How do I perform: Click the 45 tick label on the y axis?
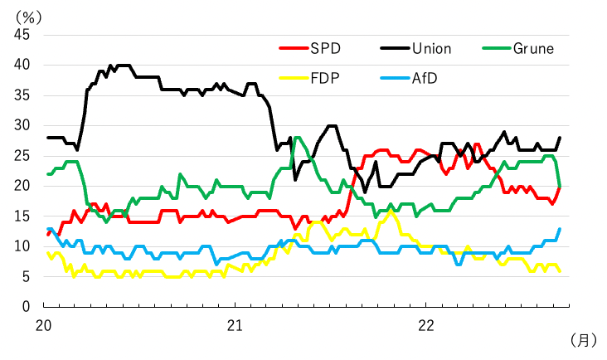click(x=22, y=35)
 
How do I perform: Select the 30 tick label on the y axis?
click(x=22, y=125)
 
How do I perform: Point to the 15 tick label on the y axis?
click(x=22, y=216)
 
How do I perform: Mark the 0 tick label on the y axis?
click(x=26, y=307)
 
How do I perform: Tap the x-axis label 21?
click(x=235, y=324)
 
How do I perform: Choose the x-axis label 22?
click(x=425, y=324)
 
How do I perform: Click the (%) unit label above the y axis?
click(x=33, y=13)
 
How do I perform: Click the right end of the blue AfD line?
click(x=560, y=228)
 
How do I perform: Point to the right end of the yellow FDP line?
click(x=560, y=270)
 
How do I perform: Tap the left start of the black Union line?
click(x=48, y=138)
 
